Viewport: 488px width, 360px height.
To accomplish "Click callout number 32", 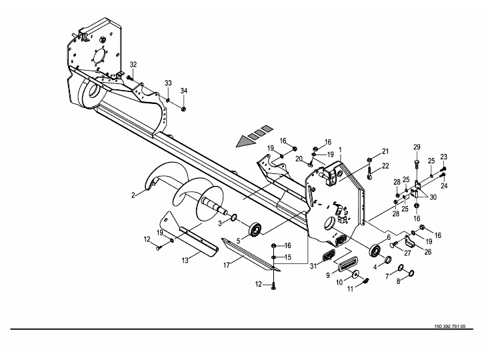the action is point(133,65).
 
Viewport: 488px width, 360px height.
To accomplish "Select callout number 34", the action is point(184,91).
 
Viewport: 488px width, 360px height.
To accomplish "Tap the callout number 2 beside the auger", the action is point(133,195).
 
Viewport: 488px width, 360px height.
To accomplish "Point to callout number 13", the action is point(185,261).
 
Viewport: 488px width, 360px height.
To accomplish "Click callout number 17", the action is point(227,265).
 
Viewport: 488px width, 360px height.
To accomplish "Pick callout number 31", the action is point(313,267).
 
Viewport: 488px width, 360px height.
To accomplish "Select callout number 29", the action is point(417,147).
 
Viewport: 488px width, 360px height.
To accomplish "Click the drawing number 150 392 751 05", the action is point(450,327).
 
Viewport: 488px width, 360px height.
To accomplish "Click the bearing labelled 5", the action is point(255,230).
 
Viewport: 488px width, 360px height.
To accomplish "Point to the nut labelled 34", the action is point(183,109).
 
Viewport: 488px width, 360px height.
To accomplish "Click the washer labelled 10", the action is point(355,274).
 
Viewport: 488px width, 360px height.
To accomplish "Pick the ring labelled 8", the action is point(411,273).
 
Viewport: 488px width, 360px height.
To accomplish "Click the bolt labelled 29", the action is point(417,167).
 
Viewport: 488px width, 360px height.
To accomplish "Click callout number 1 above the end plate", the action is point(341,150).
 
